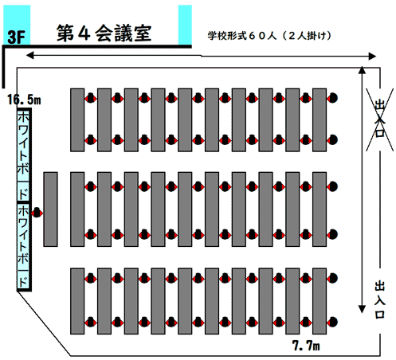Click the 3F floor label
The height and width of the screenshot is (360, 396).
pyautogui.click(x=16, y=37)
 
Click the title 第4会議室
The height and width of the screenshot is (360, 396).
pyautogui.click(x=104, y=33)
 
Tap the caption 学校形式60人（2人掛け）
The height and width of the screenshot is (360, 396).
pyautogui.click(x=269, y=36)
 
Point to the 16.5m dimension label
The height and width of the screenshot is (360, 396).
pyautogui.click(x=24, y=100)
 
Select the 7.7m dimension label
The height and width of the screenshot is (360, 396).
pyautogui.click(x=306, y=346)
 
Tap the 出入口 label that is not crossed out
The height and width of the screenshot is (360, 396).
pyautogui.click(x=380, y=299)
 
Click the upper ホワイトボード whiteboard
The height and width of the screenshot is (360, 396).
pyautogui.click(x=24, y=155)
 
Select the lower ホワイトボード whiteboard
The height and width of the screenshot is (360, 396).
pyautogui.click(x=24, y=246)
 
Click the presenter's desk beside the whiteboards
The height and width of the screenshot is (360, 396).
pyautogui.click(x=50, y=209)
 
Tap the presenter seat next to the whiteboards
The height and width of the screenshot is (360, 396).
pyautogui.click(x=37, y=213)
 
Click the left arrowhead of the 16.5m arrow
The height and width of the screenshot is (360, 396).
pyautogui.click(x=29, y=55)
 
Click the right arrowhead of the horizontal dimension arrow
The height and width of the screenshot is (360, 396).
pyautogui.click(x=372, y=57)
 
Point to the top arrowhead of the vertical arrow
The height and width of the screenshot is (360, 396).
pyautogui.click(x=362, y=69)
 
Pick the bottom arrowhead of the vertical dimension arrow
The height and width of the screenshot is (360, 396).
pyautogui.click(x=362, y=309)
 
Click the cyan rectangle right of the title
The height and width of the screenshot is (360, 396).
pyautogui.click(x=185, y=25)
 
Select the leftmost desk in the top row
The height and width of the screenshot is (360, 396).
pyautogui.click(x=77, y=120)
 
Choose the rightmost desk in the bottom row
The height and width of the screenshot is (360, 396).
pyautogui.click(x=320, y=301)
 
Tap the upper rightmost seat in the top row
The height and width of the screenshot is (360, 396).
pyautogui.click(x=332, y=98)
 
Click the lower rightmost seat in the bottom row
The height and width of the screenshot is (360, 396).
pyautogui.click(x=332, y=322)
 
